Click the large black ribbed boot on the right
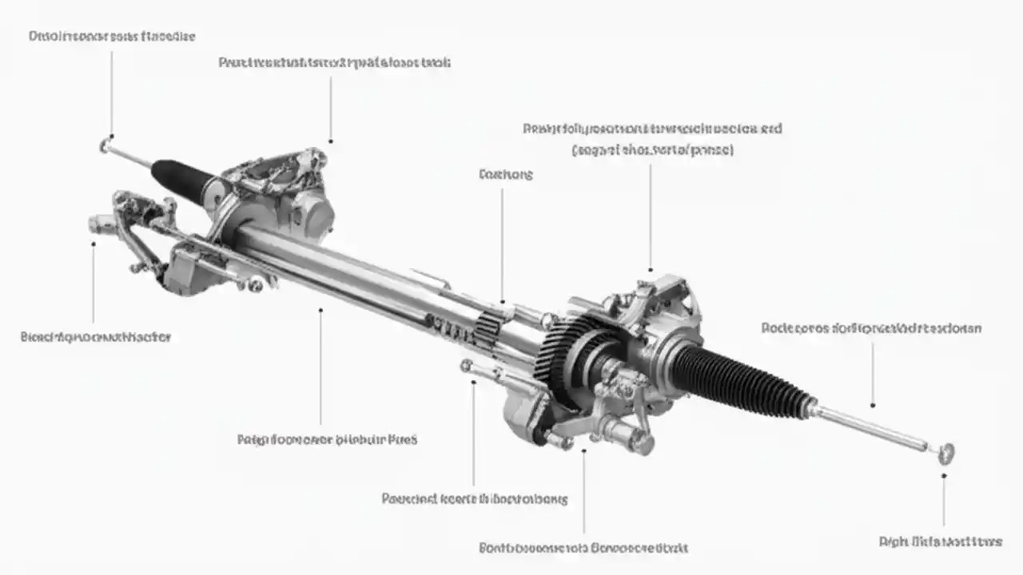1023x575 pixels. (739, 380)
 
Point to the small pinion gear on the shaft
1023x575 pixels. (489, 327)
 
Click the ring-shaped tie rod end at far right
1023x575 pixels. (947, 453)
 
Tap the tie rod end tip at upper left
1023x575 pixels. (105, 145)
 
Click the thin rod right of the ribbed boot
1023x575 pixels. (871, 426)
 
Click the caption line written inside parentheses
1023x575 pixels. (651, 150)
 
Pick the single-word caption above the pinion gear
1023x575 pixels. (505, 174)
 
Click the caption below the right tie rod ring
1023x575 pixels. (940, 541)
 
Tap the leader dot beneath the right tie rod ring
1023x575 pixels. (944, 476)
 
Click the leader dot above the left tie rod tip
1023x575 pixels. (111, 136)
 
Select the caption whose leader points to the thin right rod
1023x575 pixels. (871, 328)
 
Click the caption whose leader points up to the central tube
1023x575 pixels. (327, 439)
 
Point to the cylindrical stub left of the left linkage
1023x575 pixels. (100, 224)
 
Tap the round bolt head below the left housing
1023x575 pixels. (255, 284)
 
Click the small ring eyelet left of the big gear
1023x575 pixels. (466, 365)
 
